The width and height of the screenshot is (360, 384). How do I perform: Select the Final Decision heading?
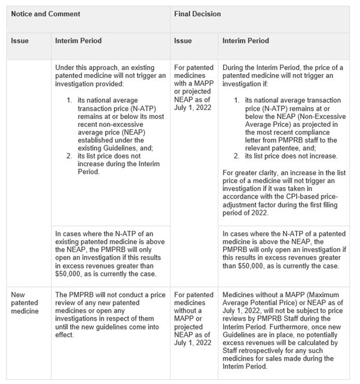point(198,13)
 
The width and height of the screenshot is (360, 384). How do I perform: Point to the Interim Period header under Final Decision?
point(246,41)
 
